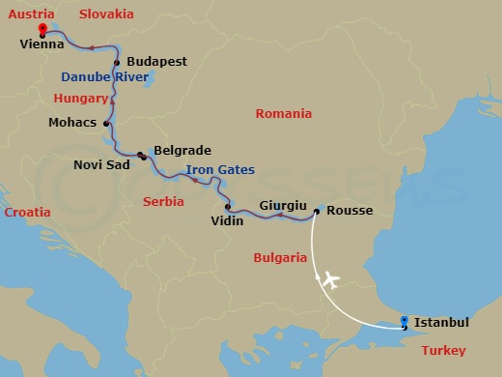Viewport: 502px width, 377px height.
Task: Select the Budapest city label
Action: click(155, 62)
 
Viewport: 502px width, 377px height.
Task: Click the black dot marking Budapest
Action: click(118, 63)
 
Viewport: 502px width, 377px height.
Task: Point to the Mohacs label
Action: click(71, 123)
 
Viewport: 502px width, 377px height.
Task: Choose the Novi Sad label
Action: click(98, 164)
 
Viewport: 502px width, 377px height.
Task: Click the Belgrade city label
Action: click(181, 152)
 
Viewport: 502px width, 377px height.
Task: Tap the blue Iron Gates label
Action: click(220, 170)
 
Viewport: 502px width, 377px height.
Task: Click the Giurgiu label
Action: click(283, 206)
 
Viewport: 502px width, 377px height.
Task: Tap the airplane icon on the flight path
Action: click(330, 280)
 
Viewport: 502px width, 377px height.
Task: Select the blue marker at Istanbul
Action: click(404, 319)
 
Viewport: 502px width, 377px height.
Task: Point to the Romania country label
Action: click(284, 114)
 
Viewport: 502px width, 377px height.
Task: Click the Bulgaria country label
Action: click(279, 258)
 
